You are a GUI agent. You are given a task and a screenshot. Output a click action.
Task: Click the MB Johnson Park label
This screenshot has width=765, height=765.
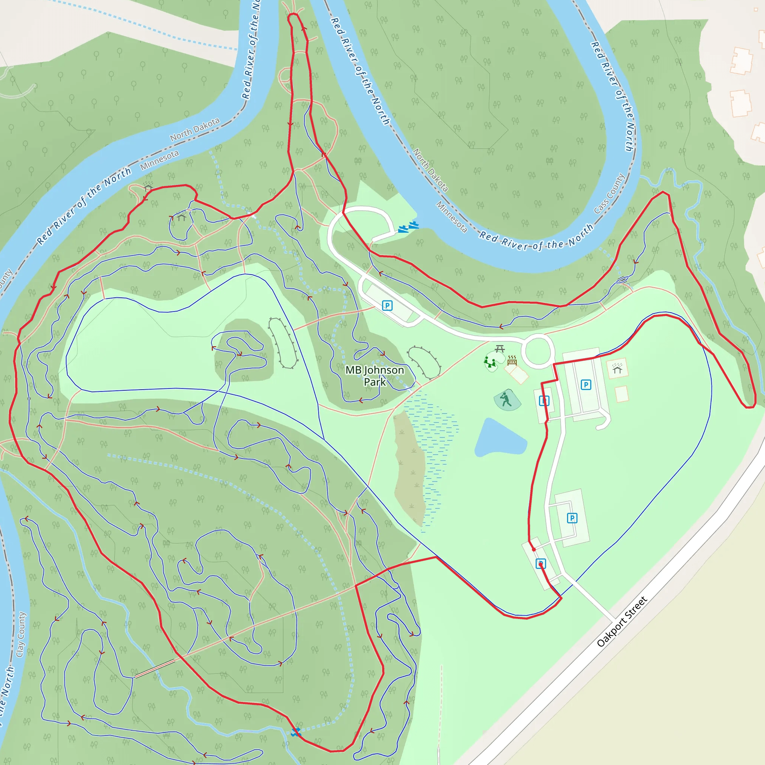click(375, 375)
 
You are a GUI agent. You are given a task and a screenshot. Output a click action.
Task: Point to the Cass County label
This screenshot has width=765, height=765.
click(609, 193)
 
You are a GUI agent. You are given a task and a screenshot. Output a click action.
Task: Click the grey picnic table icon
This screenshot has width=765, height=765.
click(500, 349)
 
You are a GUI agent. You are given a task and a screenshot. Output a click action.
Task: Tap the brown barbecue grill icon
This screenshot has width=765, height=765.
click(512, 360)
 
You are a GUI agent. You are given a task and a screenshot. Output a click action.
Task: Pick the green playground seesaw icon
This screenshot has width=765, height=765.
click(490, 362)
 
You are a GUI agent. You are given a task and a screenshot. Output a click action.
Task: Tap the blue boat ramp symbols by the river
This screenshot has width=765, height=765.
click(408, 227)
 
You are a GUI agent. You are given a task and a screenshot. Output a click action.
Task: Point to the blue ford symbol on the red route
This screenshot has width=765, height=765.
click(295, 732)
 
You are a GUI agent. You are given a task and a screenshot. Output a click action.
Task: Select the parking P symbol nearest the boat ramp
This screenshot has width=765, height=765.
click(387, 305)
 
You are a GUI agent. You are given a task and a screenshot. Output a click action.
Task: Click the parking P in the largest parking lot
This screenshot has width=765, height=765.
click(586, 384)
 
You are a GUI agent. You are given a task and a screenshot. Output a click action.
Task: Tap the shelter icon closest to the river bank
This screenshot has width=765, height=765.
click(148, 186)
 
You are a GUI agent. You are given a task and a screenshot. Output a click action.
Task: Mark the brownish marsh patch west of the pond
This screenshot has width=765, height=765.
click(409, 468)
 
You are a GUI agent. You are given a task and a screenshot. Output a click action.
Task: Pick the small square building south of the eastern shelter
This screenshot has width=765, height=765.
click(622, 394)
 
